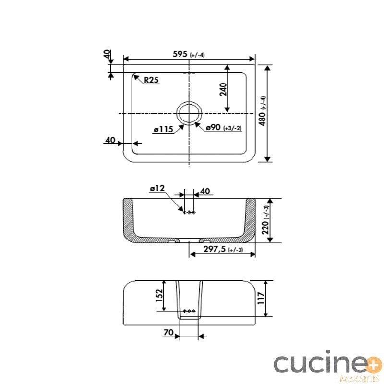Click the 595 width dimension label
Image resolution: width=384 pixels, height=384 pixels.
click(180, 54)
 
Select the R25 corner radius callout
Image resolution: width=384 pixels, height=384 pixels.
click(151, 80)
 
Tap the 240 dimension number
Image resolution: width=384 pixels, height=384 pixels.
click(223, 89)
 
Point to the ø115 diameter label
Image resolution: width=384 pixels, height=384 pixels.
click(164, 129)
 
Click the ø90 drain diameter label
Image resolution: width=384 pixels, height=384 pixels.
click(213, 127)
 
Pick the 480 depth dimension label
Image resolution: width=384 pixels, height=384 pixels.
click(262, 119)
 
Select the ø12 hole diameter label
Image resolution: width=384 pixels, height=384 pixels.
click(157, 188)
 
